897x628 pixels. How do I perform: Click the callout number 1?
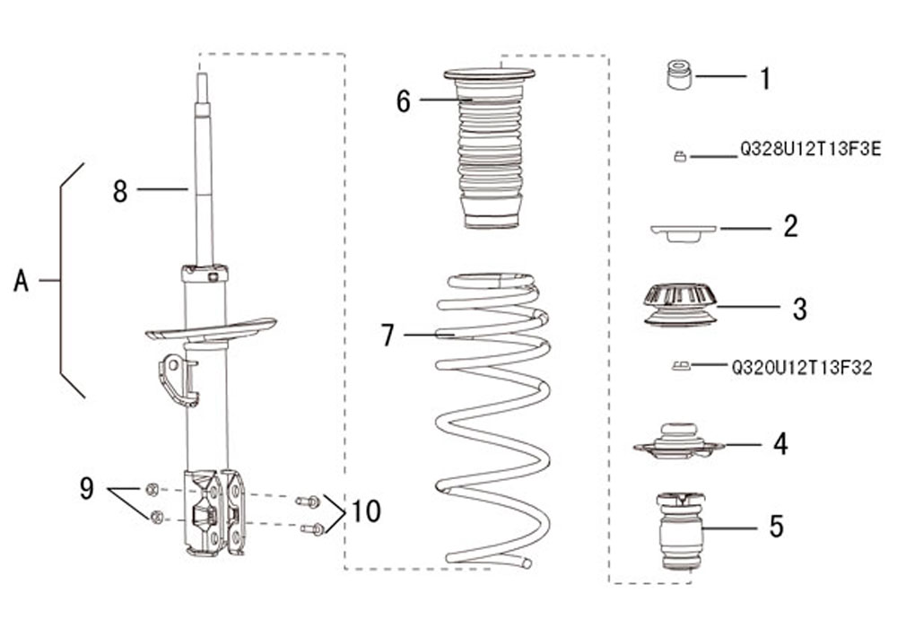(x=765, y=78)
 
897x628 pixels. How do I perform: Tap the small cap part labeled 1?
(x=680, y=74)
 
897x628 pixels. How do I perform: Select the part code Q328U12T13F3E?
(x=811, y=149)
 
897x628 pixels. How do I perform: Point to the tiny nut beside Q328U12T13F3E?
(x=680, y=155)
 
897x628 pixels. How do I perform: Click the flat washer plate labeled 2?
(x=684, y=232)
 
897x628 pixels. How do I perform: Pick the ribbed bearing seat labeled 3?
(x=680, y=306)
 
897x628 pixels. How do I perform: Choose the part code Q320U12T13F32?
(x=802, y=368)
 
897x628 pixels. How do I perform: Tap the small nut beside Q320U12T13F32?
(x=681, y=365)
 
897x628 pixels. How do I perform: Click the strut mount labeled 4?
(x=679, y=441)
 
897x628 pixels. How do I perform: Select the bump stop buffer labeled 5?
(x=680, y=530)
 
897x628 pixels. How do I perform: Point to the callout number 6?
(x=404, y=101)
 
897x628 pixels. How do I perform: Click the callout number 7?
(x=388, y=336)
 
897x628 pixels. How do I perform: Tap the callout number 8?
(x=120, y=191)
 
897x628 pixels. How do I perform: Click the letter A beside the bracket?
(x=22, y=281)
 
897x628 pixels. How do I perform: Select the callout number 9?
(x=86, y=488)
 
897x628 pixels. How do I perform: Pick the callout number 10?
(x=366, y=510)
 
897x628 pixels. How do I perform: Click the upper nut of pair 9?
(x=152, y=489)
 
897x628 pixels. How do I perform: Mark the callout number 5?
(x=776, y=527)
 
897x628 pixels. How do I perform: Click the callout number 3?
(x=800, y=309)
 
